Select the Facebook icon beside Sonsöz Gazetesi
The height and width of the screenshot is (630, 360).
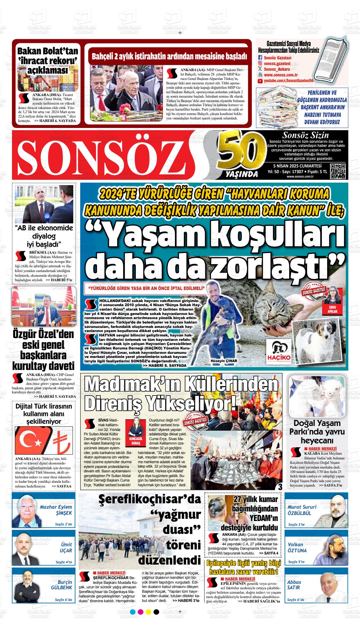click(x=260, y=58)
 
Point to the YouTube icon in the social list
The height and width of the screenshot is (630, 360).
click(x=260, y=81)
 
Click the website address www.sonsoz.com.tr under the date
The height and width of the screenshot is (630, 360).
click(x=300, y=177)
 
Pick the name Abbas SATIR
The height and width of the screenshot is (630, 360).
click(x=294, y=585)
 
